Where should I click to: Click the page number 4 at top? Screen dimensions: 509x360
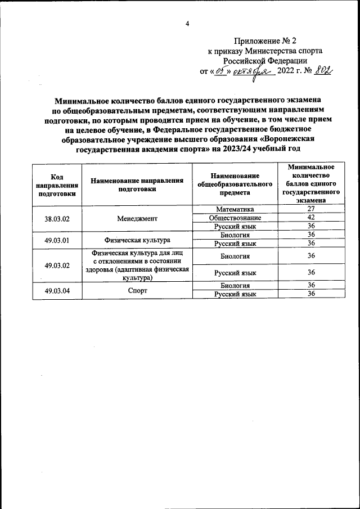click(187, 23)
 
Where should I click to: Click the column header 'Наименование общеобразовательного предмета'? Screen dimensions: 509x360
click(235, 184)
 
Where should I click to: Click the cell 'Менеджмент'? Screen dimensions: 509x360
click(137, 218)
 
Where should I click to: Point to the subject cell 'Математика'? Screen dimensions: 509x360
click(235, 209)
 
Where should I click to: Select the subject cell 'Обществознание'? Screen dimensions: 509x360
click(235, 218)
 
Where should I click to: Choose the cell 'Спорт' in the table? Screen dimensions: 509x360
click(137, 290)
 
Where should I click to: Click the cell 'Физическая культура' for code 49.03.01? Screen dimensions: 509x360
click(137, 240)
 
